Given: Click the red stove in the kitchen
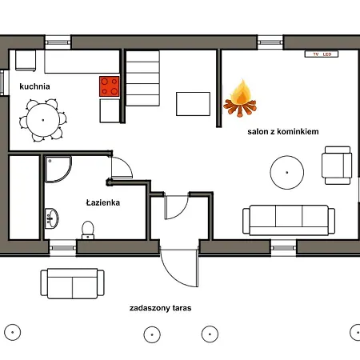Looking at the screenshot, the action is [110, 86].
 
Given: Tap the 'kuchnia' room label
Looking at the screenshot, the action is [34, 86].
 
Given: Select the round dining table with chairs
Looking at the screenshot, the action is [43, 120].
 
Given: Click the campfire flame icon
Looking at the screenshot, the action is [240, 98].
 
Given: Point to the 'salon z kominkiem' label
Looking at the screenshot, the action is [283, 131].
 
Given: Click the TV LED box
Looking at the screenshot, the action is [322, 54].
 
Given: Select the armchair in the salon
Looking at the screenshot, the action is [337, 166].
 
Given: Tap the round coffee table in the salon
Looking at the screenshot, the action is [287, 173].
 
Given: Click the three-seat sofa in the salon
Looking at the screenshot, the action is [289, 220].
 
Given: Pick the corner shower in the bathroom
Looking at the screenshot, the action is [58, 170].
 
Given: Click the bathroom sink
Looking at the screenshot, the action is [51, 218].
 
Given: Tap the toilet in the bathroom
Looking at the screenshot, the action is [88, 230].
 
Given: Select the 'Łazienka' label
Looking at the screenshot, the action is [103, 202].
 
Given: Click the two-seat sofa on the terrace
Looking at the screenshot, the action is [72, 283].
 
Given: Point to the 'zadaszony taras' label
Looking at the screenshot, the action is [160, 308].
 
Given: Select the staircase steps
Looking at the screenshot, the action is [142, 78].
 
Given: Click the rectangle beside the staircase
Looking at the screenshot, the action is [193, 104].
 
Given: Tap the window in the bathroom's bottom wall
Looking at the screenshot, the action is [63, 248].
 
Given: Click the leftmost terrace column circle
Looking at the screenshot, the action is [12, 332].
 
